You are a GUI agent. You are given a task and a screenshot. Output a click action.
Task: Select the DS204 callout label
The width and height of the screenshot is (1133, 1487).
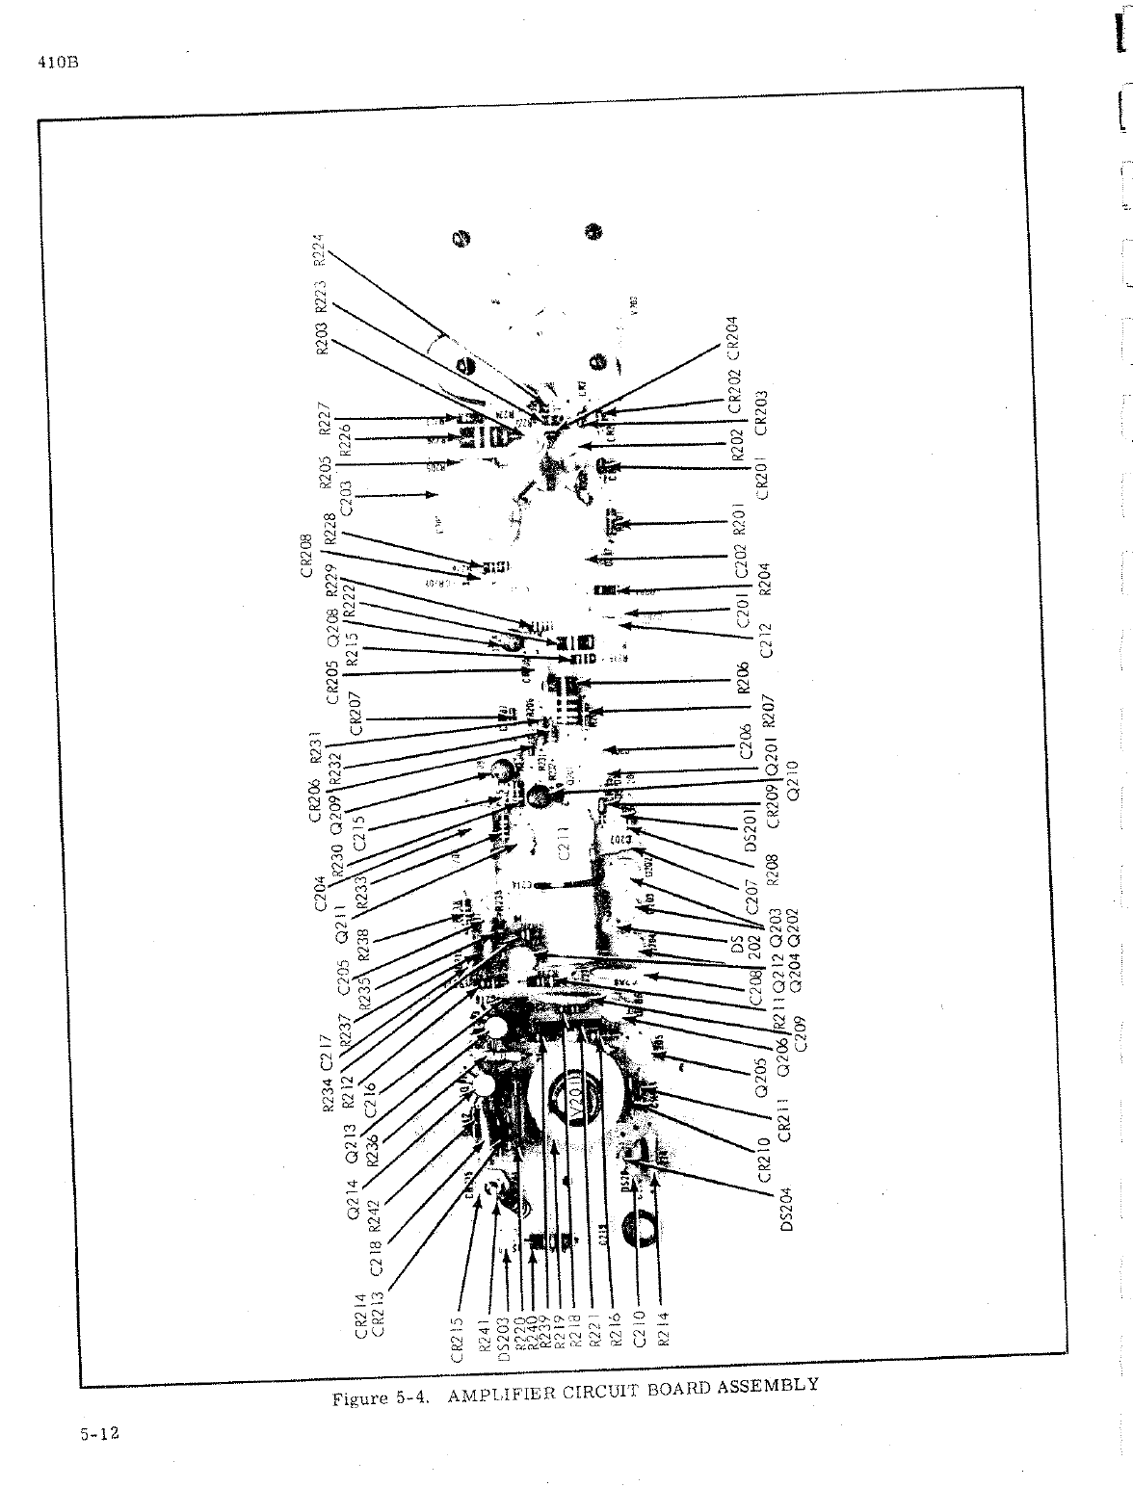(786, 1209)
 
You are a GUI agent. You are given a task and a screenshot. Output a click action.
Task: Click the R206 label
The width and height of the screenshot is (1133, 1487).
(743, 679)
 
